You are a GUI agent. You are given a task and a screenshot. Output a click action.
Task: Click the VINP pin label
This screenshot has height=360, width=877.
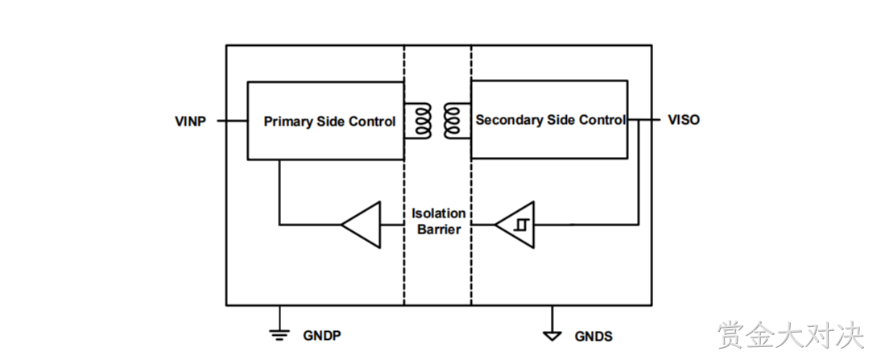pos(190,121)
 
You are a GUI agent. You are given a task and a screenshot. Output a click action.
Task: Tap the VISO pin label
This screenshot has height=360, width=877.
pos(684,120)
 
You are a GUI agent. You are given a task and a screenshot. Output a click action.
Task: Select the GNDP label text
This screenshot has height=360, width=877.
pos(322,335)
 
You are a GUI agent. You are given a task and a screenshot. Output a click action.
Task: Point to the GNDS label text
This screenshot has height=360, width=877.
pos(594,337)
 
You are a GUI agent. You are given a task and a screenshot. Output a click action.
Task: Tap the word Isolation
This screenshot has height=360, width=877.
pos(438,213)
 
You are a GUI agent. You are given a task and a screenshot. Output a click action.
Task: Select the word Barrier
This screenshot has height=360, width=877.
pos(439,230)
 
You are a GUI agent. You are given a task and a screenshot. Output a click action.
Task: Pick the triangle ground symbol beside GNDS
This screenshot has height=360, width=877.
pos(552,335)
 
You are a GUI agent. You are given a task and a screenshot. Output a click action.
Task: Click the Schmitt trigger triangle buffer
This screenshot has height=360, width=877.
pos(515,225)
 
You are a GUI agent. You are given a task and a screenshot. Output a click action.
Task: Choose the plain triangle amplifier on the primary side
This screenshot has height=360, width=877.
pos(362,225)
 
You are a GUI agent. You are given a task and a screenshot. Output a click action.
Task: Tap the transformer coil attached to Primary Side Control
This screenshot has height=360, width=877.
pos(419,120)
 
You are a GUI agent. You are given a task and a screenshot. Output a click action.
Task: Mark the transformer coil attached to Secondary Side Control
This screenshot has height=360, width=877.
pos(457,120)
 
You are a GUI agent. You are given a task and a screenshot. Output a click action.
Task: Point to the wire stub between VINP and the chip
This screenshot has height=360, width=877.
pos(232,120)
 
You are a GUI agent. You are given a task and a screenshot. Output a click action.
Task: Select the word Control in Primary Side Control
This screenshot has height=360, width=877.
pos(372,122)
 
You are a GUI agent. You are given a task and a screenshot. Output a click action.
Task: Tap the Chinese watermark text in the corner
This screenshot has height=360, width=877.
pos(790,335)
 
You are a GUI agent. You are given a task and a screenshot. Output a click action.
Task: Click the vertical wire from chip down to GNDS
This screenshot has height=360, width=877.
pos(552,319)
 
